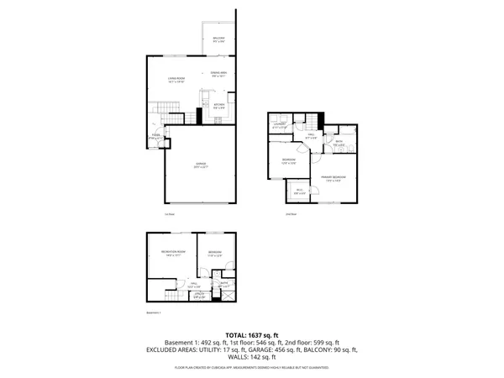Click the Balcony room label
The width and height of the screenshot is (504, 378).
218,39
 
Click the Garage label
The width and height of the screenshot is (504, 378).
201,165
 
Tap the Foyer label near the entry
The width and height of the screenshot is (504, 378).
155,136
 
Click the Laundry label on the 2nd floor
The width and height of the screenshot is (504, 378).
281,126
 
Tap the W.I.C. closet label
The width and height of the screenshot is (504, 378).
301,192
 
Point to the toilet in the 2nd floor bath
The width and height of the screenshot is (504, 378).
331,133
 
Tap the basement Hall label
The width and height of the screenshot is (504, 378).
193,286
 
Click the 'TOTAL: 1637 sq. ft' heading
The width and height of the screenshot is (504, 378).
252,335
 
